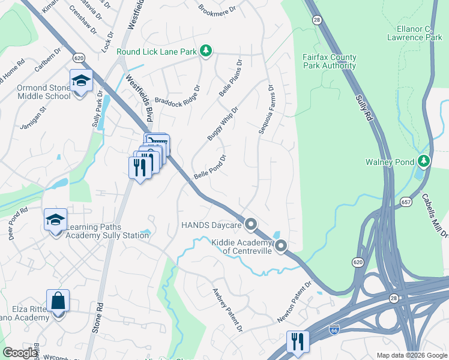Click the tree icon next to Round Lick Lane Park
tap(206, 51)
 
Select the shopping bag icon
tap(58, 301)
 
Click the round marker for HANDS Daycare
tap(251, 224)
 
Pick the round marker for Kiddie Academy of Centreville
tap(280, 245)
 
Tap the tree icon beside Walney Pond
tap(424, 161)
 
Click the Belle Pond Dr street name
tap(210, 169)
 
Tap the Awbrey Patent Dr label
tap(227, 310)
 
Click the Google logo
tap(20, 353)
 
